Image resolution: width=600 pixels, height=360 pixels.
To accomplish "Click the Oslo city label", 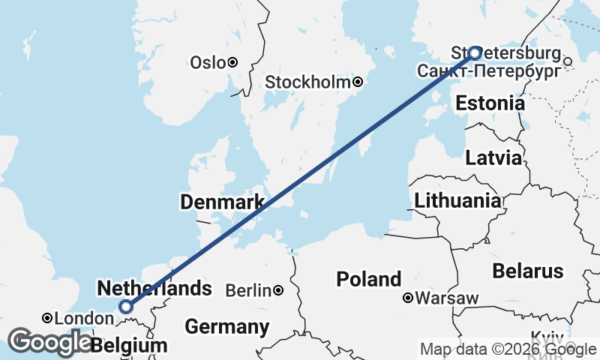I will [x=208, y=62].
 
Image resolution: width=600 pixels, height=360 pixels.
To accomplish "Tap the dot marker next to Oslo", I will [x=233, y=62].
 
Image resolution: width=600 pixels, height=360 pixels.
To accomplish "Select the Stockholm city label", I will [x=307, y=82].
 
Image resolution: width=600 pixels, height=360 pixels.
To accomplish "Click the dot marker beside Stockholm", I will [x=358, y=82].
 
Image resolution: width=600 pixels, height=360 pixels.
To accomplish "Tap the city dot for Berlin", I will [x=278, y=290].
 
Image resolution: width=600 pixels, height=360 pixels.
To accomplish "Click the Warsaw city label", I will [x=447, y=298].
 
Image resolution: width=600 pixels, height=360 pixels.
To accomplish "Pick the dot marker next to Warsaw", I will [x=408, y=298].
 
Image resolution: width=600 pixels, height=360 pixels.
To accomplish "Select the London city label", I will [x=77, y=318].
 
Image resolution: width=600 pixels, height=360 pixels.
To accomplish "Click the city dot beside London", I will [x=46, y=318].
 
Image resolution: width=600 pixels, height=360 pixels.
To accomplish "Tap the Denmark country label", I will [x=221, y=202].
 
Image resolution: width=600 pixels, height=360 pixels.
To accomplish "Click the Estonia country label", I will [x=490, y=103].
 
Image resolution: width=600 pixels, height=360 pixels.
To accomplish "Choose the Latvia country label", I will [x=493, y=158].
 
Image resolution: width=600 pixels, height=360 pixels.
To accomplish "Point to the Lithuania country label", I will [x=457, y=200].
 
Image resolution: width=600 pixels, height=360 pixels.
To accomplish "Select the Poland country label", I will [x=368, y=280].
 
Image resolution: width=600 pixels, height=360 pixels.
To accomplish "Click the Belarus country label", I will [x=527, y=270].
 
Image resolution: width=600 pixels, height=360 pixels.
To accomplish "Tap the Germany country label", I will [x=226, y=327].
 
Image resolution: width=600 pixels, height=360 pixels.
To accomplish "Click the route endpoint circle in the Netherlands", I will [x=126, y=306].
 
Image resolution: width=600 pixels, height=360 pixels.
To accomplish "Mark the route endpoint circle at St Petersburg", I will [x=475, y=52].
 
